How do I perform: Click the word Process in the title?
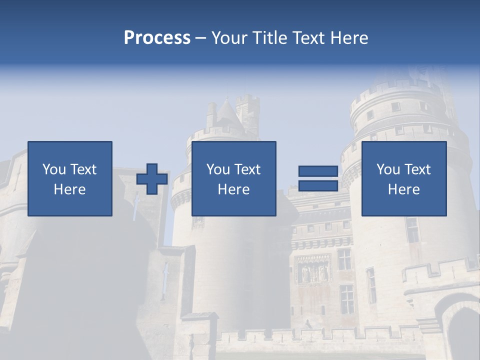click(x=157, y=38)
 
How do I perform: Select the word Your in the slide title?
click(x=228, y=38)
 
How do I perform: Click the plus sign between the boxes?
click(x=152, y=179)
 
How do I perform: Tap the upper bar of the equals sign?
click(x=318, y=171)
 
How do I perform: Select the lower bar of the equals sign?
click(x=318, y=185)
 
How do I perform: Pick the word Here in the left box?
click(x=69, y=189)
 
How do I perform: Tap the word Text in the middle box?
click(x=247, y=169)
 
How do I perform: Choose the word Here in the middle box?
click(x=233, y=189)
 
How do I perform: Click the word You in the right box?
click(x=388, y=169)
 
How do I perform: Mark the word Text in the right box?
click(x=417, y=169)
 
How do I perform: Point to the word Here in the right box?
click(x=403, y=189)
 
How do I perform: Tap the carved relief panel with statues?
click(x=313, y=270)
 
